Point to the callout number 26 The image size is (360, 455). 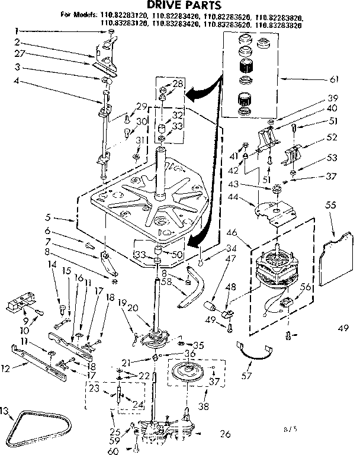pos(224,433)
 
